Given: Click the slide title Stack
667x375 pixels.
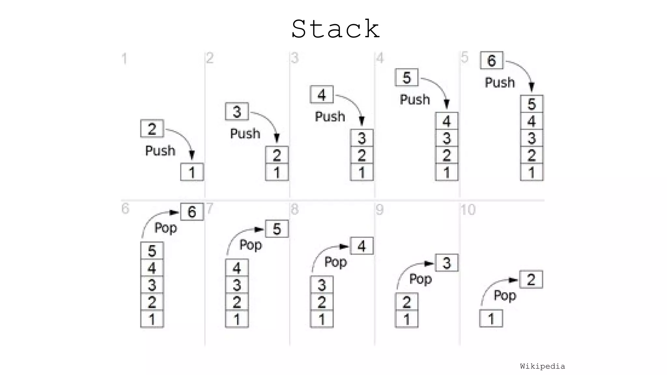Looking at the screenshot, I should (335, 29).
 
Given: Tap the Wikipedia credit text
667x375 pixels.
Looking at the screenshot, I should (542, 366).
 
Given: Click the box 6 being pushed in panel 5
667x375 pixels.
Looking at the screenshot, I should (491, 60).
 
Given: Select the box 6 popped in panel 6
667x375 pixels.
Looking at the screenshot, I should (192, 212).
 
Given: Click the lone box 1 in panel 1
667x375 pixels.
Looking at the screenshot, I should (192, 172).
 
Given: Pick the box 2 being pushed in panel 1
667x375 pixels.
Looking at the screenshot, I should (152, 128).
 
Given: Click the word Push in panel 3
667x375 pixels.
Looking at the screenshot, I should (330, 117).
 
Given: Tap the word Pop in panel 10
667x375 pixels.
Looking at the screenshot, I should (505, 295).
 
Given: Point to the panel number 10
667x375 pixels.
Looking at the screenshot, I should (468, 210).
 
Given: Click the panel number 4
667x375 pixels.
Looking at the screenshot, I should (380, 58).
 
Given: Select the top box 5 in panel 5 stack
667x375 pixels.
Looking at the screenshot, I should (532, 104).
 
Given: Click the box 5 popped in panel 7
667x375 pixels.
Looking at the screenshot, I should (277, 229).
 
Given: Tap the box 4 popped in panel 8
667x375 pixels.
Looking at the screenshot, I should (362, 246).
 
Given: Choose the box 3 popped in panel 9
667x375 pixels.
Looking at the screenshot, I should (447, 263).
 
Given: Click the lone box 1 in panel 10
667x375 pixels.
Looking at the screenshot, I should (491, 319).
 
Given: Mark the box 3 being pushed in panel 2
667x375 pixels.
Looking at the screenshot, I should (237, 112).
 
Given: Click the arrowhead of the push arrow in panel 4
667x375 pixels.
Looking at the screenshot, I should (447, 104).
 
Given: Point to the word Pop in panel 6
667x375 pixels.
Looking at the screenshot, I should (165, 228).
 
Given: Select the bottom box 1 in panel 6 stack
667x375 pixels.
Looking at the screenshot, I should (152, 319).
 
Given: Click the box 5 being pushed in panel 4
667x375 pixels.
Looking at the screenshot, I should (406, 78).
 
